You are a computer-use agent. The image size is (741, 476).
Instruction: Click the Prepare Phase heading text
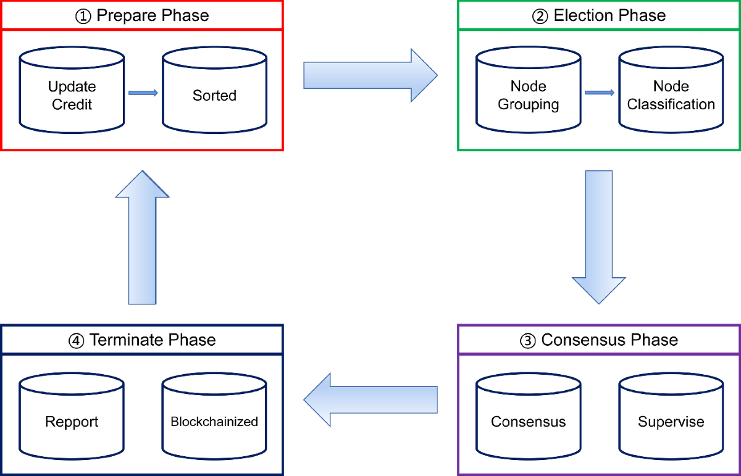tap(153, 15)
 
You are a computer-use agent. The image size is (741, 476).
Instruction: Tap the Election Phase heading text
tap(609, 15)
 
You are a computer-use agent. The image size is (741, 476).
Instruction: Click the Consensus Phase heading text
tap(609, 340)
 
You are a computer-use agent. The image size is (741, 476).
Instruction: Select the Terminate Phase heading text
tap(153, 340)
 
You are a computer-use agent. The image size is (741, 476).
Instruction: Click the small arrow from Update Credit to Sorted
tap(143, 93)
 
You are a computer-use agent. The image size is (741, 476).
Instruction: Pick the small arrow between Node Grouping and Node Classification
tap(599, 93)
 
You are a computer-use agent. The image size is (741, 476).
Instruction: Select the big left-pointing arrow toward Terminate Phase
tap(370, 399)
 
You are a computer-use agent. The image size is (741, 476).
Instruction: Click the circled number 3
tap(528, 340)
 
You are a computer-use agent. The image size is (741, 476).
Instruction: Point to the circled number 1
tap(83, 16)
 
